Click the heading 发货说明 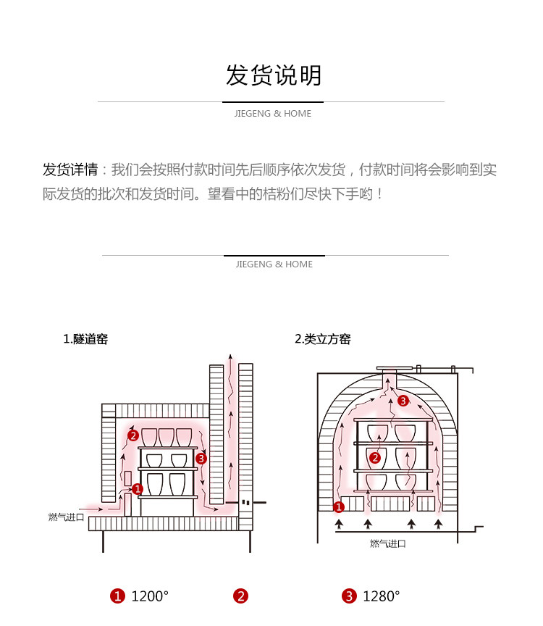273,75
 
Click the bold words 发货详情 70,170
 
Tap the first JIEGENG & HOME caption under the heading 273,114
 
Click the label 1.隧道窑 85,338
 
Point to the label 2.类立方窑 322,338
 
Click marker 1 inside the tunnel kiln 138,489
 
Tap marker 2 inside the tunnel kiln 133,435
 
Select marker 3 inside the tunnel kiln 201,458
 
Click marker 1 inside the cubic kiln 338,506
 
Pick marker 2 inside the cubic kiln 375,458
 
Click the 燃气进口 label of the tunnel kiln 66,517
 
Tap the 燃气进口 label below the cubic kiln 387,543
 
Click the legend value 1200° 150,596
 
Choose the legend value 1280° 382,596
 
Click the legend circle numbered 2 240,596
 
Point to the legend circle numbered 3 350,596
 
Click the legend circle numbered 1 117,596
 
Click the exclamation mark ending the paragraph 380,194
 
